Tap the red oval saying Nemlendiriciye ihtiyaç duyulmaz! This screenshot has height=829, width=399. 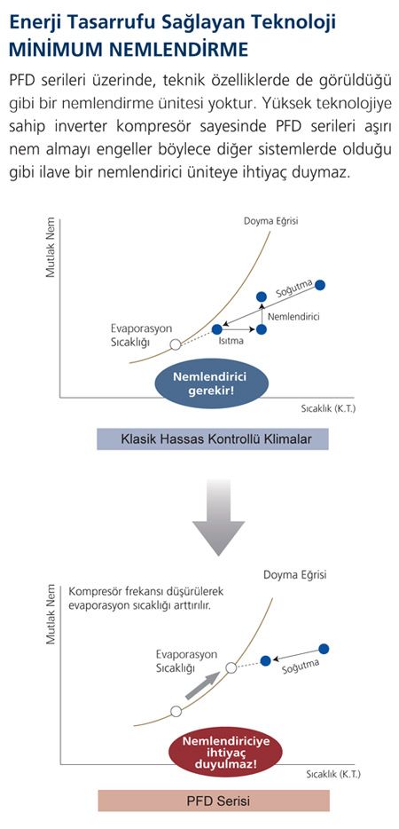point(226,753)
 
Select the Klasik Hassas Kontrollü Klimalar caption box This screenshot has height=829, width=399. point(213,439)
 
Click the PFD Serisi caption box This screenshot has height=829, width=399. point(214,801)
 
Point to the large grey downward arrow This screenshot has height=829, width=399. point(218,517)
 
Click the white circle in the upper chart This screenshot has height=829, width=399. point(176,344)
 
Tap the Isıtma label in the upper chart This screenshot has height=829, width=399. point(231,341)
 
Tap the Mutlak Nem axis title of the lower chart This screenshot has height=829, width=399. point(51,614)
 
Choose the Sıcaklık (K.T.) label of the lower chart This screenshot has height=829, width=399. point(333,775)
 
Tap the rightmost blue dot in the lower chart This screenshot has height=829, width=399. point(324,649)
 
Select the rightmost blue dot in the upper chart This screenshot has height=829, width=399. point(320,285)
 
